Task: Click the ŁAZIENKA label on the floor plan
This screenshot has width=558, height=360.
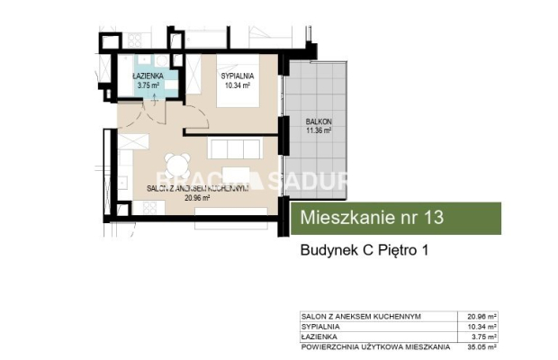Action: pos(148,77)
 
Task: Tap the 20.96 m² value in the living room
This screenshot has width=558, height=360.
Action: pos(197,198)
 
